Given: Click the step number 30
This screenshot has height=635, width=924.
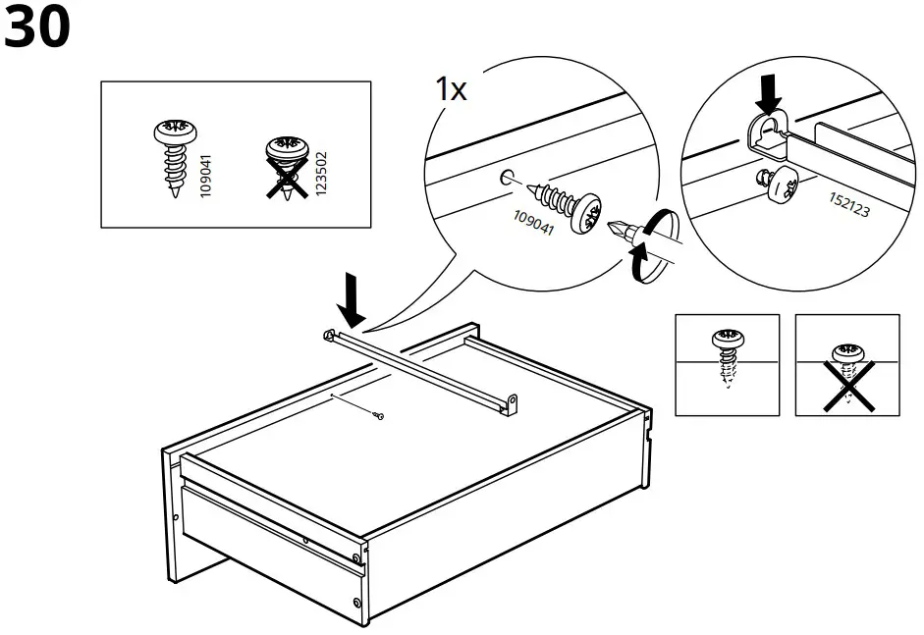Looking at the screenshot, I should click(37, 28).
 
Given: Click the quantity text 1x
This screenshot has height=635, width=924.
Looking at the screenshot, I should click(451, 90).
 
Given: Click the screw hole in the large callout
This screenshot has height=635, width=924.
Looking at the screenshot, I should click(506, 177).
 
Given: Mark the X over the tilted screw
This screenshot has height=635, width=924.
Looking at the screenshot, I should click(847, 383).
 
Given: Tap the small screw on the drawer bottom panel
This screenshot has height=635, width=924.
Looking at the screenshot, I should click(379, 417).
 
